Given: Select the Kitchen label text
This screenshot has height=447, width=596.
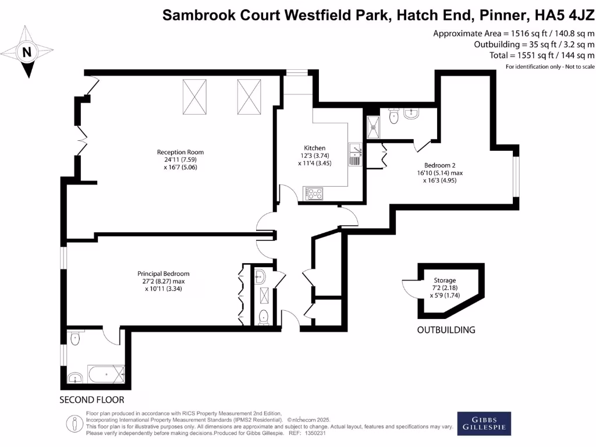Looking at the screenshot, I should tap(315, 148).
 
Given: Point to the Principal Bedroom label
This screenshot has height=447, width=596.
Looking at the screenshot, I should tap(164, 274).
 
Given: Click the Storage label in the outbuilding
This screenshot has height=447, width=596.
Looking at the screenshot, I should tap(445, 280).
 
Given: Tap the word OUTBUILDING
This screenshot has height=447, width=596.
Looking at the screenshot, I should tap(446, 330).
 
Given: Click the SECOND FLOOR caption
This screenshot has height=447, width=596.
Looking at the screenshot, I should tap(92, 400).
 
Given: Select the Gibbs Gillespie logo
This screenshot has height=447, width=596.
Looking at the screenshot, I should tap(484, 424).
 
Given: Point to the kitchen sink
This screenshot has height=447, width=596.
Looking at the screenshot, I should tap(355, 155).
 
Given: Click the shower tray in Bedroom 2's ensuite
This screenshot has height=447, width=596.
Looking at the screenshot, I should tap(372, 125).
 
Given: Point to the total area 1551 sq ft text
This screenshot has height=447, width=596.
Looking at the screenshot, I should tap(542, 56).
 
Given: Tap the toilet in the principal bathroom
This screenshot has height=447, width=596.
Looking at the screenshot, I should tap(74, 338).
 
